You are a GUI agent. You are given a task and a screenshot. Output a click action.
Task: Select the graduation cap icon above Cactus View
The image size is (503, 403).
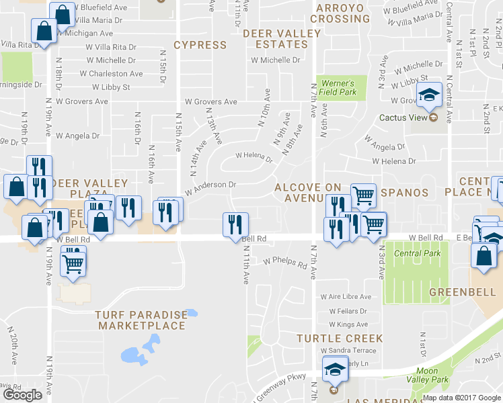pyautogui.click(x=428, y=95)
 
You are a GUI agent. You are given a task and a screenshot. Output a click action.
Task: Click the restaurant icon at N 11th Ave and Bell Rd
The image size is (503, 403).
pyautogui.click(x=235, y=224)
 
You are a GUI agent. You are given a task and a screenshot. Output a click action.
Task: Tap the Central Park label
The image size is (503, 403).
pyautogui.click(x=418, y=253)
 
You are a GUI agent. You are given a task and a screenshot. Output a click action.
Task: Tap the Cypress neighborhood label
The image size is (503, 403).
pyautogui.click(x=200, y=45)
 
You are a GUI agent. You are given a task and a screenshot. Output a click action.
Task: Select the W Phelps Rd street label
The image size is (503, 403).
pyautogui.click(x=284, y=261)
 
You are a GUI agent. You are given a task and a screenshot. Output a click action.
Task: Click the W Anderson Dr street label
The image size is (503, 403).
pyautogui.click(x=210, y=187)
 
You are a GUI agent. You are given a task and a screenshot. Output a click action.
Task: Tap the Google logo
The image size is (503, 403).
pyautogui.click(x=22, y=395)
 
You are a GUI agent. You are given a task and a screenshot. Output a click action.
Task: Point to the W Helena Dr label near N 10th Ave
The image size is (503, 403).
pyautogui.click(x=253, y=157)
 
